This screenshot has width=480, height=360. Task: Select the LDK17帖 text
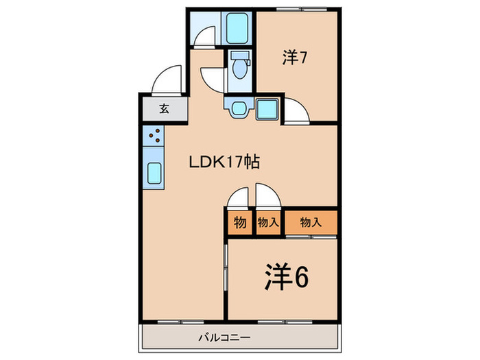tap(224, 163)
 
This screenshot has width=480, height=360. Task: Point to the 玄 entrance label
tap(165, 108)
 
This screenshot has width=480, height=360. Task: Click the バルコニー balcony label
tap(225, 337)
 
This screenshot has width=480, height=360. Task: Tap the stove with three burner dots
tap(154, 136)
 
